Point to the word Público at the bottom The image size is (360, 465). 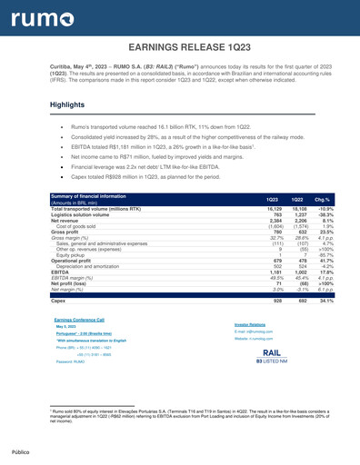point(22,450)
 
